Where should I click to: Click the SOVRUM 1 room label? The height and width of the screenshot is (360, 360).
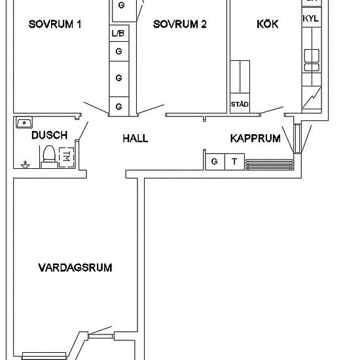55,25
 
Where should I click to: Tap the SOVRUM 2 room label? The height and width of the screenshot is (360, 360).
180,25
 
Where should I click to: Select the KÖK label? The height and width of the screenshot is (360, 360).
267,25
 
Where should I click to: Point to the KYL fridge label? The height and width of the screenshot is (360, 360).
311,19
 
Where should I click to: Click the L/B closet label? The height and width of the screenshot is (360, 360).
118,33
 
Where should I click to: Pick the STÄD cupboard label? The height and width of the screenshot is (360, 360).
239,105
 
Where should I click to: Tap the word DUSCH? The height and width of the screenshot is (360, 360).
49,135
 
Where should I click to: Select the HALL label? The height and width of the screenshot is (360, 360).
135,139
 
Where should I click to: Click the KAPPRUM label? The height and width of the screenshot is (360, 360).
255,139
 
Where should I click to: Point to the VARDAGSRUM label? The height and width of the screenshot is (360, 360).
75,268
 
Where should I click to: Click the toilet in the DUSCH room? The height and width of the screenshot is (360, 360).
48,156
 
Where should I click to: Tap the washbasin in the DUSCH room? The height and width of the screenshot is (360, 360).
25,122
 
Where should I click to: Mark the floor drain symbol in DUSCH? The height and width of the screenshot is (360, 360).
25,164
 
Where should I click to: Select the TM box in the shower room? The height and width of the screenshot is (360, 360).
66,157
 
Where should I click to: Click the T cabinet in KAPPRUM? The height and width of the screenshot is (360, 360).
234,161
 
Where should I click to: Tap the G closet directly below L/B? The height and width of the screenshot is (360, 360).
118,50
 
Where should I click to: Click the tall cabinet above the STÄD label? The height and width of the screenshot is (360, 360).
240,77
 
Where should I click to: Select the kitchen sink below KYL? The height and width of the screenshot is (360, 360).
311,58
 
